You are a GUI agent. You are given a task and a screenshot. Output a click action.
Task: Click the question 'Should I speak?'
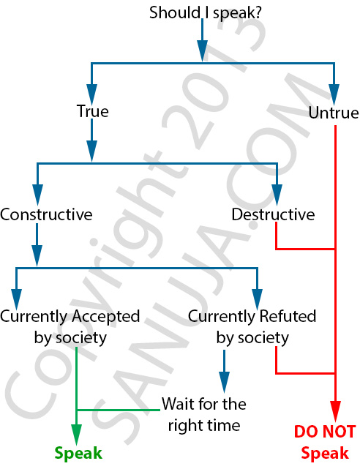tap(206, 14)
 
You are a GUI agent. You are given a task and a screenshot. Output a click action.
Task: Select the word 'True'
tap(93, 111)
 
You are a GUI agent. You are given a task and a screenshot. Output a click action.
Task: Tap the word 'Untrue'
tap(334, 113)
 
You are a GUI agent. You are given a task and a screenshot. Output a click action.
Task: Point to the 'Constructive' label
tap(46, 214)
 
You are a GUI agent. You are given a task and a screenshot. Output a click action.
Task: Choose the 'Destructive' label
tap(273, 214)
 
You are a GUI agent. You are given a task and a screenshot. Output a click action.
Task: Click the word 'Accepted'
tap(106, 317)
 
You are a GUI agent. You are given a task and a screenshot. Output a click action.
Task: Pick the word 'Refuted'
tap(288, 316)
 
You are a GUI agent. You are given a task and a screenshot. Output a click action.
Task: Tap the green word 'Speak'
tap(78, 454)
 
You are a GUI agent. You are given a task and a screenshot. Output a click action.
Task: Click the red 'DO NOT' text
tap(325, 432)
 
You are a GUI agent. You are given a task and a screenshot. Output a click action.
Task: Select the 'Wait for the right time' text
tap(204, 415)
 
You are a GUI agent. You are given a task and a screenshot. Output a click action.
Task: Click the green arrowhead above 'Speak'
tap(77, 435)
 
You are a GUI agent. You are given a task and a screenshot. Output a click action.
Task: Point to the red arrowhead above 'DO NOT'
tap(335, 411)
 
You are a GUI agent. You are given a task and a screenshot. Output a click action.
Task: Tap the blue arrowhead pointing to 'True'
tap(91, 94)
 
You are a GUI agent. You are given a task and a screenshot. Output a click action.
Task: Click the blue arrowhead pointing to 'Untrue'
tap(334, 95)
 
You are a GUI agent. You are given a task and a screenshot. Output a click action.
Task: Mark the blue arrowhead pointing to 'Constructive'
tap(37, 195)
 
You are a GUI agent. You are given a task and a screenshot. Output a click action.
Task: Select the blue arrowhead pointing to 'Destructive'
tap(277, 195)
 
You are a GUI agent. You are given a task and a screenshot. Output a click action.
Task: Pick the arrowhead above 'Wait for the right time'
tap(224, 382)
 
